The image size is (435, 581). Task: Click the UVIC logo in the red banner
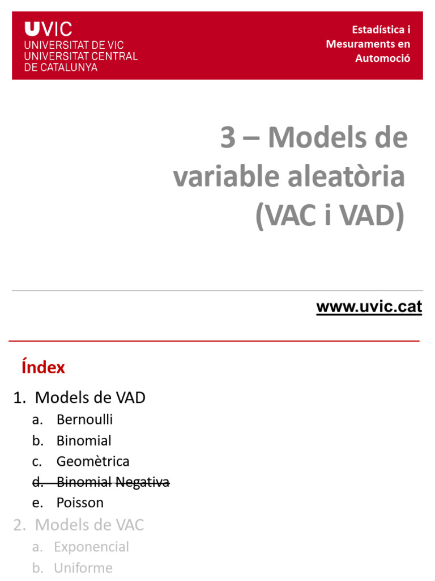pyautogui.click(x=48, y=29)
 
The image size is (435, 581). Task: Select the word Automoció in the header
pyautogui.click(x=382, y=58)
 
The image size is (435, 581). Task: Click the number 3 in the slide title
pyautogui.click(x=228, y=137)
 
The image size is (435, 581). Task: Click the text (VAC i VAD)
pyautogui.click(x=330, y=216)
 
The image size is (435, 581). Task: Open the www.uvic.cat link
pyautogui.click(x=369, y=307)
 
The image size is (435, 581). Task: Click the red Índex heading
pyautogui.click(x=43, y=368)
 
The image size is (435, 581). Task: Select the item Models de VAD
pyautogui.click(x=90, y=398)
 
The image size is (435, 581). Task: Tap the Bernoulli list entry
pyautogui.click(x=84, y=420)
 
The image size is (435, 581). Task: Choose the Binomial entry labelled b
pyautogui.click(x=84, y=441)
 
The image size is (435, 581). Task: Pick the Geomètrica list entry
pyautogui.click(x=93, y=461)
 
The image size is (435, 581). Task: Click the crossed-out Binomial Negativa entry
pyautogui.click(x=113, y=482)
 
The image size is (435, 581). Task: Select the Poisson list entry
pyautogui.click(x=80, y=503)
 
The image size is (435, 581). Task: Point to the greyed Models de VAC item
pyautogui.click(x=89, y=525)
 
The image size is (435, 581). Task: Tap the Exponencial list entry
pyautogui.click(x=91, y=547)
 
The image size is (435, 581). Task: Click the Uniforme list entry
pyautogui.click(x=83, y=568)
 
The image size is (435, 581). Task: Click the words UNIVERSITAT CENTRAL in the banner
pyautogui.click(x=80, y=56)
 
